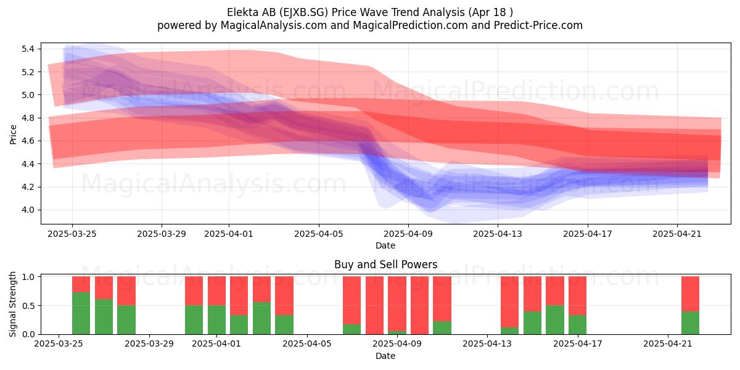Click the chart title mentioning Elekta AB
tap(369, 12)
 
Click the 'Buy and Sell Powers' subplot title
tap(385, 265)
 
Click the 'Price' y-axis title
tap(13, 134)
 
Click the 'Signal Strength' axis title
tap(12, 304)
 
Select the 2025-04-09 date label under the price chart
tap(408, 234)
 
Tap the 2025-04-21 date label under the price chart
tap(677, 234)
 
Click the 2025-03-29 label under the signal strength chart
tap(149, 344)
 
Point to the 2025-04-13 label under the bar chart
tap(487, 344)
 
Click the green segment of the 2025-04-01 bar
tap(216, 320)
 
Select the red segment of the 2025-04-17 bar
tap(577, 295)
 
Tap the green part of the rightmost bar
tap(691, 323)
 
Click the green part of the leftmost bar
tap(81, 313)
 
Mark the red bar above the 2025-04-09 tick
tap(397, 303)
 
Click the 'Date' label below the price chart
tap(385, 245)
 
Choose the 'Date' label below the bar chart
tap(385, 356)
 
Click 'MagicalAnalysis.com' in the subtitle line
tap(274, 25)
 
